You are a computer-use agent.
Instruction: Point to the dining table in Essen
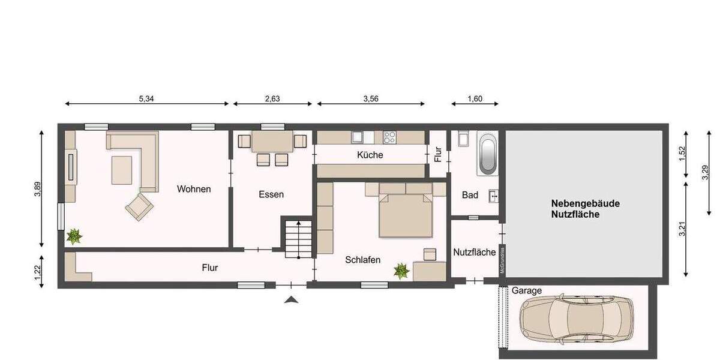(x=272, y=142)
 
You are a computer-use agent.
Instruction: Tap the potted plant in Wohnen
(x=74, y=236)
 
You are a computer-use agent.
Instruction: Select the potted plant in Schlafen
(x=401, y=271)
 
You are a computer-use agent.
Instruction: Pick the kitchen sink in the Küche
(x=358, y=137)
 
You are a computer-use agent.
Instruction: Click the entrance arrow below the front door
(x=291, y=299)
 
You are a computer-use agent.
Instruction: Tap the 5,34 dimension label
(x=147, y=98)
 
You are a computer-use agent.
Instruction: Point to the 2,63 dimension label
(x=272, y=98)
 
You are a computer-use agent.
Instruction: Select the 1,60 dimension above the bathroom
(x=475, y=98)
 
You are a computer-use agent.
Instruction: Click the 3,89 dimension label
(x=37, y=189)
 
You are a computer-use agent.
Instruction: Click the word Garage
(x=526, y=290)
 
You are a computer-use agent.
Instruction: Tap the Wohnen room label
(x=194, y=189)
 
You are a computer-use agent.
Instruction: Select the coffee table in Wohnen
(x=122, y=170)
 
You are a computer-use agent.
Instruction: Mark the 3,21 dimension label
(x=682, y=229)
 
